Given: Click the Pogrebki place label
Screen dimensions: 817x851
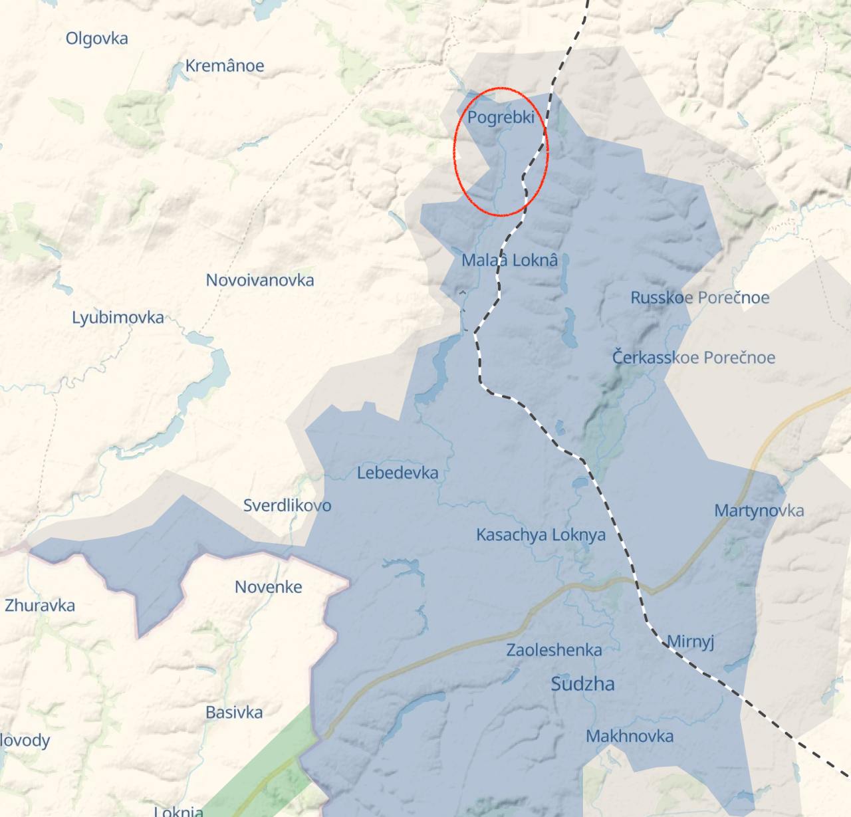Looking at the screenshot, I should click(x=501, y=118).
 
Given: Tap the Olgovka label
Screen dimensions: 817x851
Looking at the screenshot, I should click(x=96, y=39).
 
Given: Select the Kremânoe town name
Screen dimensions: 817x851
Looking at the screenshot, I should click(x=224, y=66).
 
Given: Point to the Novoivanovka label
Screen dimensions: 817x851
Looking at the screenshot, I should click(x=259, y=280).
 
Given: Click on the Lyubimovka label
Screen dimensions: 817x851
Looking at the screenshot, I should click(x=118, y=318).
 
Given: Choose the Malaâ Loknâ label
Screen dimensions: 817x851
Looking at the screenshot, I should click(x=509, y=260).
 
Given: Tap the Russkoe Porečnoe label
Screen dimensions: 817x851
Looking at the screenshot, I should click(x=699, y=297).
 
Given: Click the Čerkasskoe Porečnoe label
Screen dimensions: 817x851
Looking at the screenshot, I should click(x=693, y=358).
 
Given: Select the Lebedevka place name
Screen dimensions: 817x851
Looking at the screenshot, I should click(x=398, y=473).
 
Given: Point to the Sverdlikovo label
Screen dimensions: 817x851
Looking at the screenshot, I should click(x=287, y=505).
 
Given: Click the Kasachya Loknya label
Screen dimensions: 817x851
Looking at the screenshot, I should click(x=541, y=534).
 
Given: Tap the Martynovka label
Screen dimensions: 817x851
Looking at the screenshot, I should click(x=759, y=511).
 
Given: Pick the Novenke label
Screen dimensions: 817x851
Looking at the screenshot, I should click(x=269, y=587).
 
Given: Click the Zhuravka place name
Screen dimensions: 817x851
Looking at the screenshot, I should click(x=40, y=606).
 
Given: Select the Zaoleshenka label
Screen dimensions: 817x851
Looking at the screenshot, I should click(x=554, y=650).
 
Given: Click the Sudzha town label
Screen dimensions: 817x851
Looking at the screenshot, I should click(x=582, y=684).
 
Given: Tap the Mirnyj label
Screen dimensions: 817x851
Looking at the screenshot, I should click(x=690, y=642).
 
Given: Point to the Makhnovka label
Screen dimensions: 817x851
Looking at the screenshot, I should click(x=630, y=736).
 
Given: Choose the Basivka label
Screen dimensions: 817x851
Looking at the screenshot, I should click(x=234, y=713).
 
